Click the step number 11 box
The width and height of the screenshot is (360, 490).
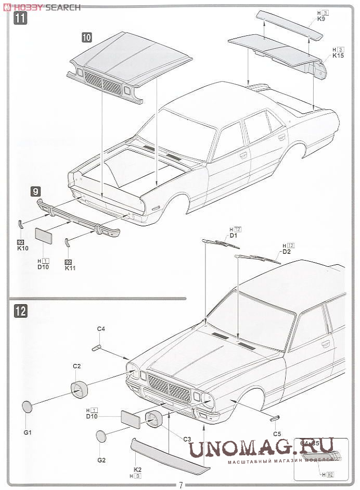21,20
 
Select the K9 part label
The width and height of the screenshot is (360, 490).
321,19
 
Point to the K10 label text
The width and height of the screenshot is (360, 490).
22,248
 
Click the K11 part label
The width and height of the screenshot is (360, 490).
70,268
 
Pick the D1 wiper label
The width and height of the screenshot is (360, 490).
234,236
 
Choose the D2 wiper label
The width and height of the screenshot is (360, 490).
286,252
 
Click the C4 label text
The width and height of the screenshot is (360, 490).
101,329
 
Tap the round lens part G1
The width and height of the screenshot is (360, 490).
28,409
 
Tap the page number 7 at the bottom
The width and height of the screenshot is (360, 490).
181,485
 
